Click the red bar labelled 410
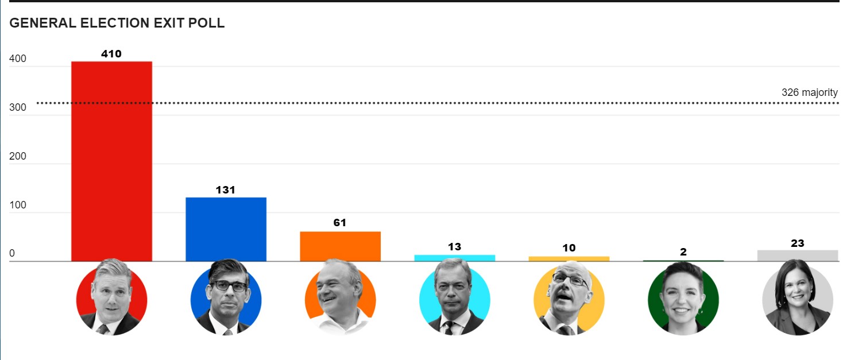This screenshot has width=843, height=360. pyautogui.click(x=111, y=161)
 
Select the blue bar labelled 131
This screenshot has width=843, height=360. pyautogui.click(x=226, y=229)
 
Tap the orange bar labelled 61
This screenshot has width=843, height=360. pyautogui.click(x=340, y=246)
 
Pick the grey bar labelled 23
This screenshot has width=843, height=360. pyautogui.click(x=798, y=256)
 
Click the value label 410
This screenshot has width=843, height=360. pyautogui.click(x=111, y=54)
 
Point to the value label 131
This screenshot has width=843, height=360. pyautogui.click(x=226, y=190)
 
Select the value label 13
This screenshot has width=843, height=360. pyautogui.click(x=454, y=247)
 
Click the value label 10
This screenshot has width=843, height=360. pyautogui.click(x=569, y=248)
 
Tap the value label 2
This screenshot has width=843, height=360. pyautogui.click(x=683, y=252)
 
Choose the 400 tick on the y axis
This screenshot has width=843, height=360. pyautogui.click(x=17, y=59)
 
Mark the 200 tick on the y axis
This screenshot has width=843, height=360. pyautogui.click(x=17, y=157)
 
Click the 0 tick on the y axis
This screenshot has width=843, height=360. pyautogui.click(x=13, y=254)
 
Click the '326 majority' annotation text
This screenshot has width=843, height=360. pyautogui.click(x=809, y=92)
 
